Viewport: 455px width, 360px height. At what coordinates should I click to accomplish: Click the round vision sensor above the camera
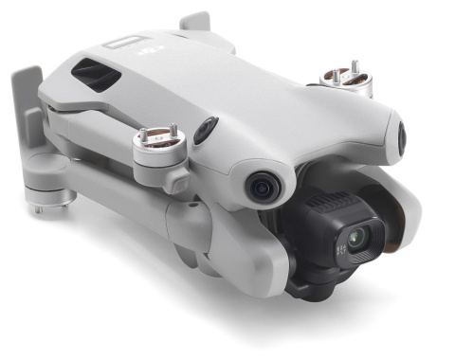tap(263, 186)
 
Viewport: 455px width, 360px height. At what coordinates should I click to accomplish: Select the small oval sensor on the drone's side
tap(206, 131)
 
